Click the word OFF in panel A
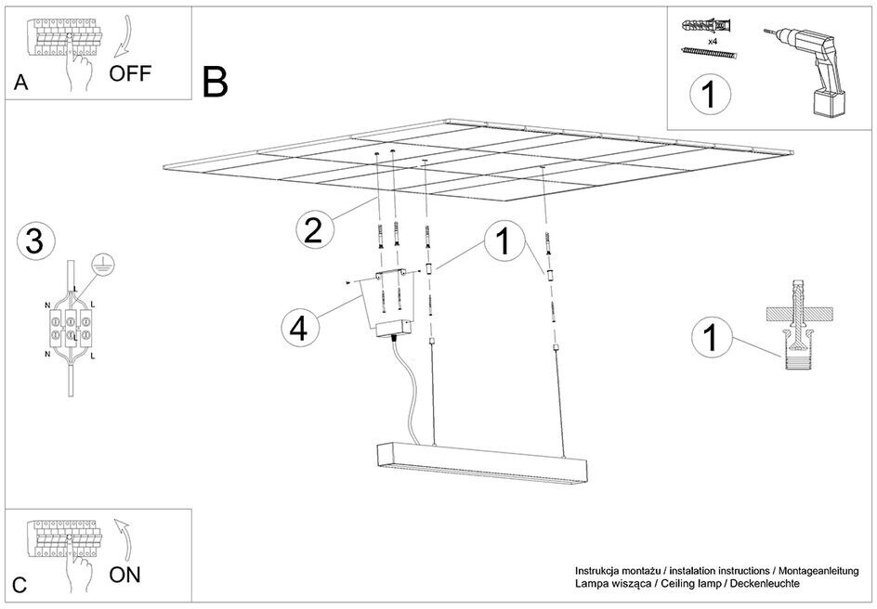[x=129, y=74]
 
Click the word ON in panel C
[x=125, y=575]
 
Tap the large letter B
[x=215, y=83]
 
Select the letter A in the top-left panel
[x=21, y=84]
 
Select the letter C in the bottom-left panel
[x=20, y=586]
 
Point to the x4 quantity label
[x=713, y=42]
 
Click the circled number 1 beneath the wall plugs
[x=710, y=95]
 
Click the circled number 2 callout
[x=314, y=229]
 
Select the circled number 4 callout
[x=299, y=327]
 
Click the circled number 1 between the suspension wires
[x=502, y=242]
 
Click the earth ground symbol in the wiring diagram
[x=103, y=266]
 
